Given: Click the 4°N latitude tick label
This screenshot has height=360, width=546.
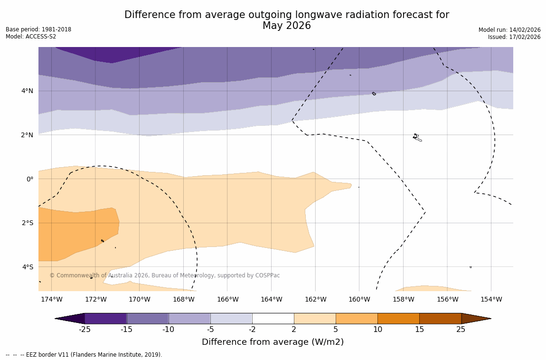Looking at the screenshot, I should click(27, 91).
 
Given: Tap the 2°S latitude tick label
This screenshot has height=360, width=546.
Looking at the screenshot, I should click(27, 223).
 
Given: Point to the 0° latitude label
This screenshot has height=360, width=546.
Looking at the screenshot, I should click(29, 179).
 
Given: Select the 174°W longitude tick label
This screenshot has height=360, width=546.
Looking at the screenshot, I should click(51, 299).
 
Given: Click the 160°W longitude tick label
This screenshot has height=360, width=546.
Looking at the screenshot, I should click(359, 299).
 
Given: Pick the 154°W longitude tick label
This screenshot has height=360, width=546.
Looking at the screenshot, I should click(491, 299).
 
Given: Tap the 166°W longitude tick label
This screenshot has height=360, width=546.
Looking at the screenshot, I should click(227, 299).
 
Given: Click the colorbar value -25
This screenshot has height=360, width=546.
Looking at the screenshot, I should click(85, 330).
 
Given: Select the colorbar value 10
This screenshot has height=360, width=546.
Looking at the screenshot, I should click(377, 330).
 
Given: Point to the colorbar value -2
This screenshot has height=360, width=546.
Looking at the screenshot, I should click(252, 330).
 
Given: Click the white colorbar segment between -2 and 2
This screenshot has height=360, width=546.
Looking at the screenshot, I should click(273, 319).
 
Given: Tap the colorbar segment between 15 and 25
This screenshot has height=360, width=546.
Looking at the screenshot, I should click(440, 319).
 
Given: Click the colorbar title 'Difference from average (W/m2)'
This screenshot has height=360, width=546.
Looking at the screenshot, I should click(273, 342).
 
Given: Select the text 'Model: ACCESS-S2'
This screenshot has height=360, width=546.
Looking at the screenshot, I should click(31, 37).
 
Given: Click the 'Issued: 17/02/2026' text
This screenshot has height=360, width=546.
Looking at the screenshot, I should click(514, 37).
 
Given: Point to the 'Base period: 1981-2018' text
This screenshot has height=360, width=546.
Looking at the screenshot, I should click(38, 29).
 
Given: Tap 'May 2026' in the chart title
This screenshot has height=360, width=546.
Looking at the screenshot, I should click(286, 26).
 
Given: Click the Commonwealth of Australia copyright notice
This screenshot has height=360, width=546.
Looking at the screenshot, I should click(165, 275).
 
